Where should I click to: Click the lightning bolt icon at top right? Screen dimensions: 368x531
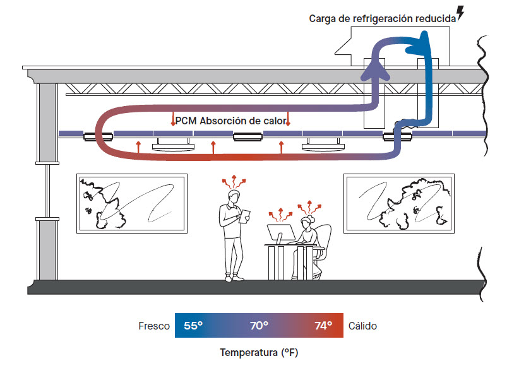coord(460,13)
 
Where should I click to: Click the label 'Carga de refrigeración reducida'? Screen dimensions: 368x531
coord(382,18)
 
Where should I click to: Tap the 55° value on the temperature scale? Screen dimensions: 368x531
coord(193,326)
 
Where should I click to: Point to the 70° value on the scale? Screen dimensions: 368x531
coord(259,326)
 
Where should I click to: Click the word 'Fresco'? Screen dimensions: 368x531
coord(154,326)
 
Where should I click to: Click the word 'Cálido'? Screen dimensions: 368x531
coord(362,326)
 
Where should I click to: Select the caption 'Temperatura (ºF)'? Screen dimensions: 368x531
coord(259,352)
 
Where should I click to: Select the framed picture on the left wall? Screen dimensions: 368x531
coord(131,203)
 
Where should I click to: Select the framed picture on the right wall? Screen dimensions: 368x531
coord(399,203)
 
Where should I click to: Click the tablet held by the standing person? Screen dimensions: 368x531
coord(246,215)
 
